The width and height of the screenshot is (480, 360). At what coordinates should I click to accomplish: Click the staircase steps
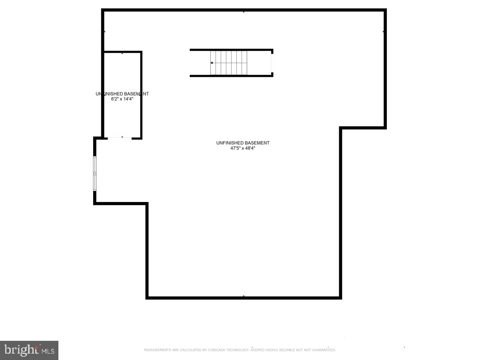(229, 63)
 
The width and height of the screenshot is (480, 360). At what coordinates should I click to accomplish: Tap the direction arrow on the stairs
(212, 63)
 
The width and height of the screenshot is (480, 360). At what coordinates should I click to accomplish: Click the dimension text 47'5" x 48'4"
(243, 148)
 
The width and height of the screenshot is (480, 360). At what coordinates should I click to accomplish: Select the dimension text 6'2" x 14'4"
(122, 98)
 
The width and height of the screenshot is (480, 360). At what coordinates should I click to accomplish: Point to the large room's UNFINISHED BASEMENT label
(243, 143)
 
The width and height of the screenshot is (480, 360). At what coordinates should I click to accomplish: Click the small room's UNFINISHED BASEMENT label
(122, 94)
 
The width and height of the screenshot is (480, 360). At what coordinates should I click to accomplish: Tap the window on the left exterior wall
(95, 173)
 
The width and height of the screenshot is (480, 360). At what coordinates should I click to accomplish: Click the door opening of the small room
(120, 138)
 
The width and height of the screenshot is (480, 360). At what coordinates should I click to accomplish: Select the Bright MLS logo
(29, 350)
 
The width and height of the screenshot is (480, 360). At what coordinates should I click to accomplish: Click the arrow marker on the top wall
(244, 12)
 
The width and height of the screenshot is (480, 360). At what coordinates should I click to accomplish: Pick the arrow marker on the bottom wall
(244, 296)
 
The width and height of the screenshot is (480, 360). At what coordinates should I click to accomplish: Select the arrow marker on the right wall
(384, 31)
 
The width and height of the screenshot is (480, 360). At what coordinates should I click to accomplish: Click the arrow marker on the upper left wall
(104, 31)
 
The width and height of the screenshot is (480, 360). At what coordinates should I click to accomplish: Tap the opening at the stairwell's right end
(272, 63)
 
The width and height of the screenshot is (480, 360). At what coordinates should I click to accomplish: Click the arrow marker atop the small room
(122, 53)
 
